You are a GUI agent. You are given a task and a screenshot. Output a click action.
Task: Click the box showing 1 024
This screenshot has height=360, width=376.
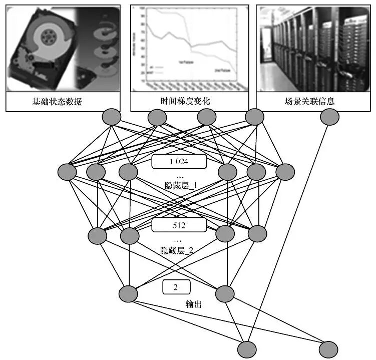[179, 161]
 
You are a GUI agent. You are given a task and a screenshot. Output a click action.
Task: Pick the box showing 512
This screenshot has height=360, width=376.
[179, 225]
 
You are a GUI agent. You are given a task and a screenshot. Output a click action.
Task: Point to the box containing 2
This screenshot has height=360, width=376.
[176, 287]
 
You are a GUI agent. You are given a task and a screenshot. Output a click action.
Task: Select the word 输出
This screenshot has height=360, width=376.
[194, 304]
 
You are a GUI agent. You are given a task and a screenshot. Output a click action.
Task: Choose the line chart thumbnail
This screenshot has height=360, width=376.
[189, 49]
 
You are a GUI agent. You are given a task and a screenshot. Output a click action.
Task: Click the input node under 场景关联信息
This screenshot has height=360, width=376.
[329, 117]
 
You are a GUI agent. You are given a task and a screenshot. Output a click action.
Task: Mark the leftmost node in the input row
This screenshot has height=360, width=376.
[112, 117]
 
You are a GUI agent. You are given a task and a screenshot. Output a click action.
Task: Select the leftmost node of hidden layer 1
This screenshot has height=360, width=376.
[67, 172]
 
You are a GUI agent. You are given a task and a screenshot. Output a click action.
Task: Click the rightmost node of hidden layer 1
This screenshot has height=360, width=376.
[285, 172]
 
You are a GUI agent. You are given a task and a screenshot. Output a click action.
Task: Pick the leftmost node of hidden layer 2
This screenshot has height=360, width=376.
[98, 234]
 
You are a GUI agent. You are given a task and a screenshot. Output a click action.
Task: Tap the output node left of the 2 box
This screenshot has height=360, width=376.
[129, 293]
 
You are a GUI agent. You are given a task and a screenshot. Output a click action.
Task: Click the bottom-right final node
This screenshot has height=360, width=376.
[328, 348]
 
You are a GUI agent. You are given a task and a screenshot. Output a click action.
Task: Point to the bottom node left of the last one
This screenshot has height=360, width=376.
[247, 349]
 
